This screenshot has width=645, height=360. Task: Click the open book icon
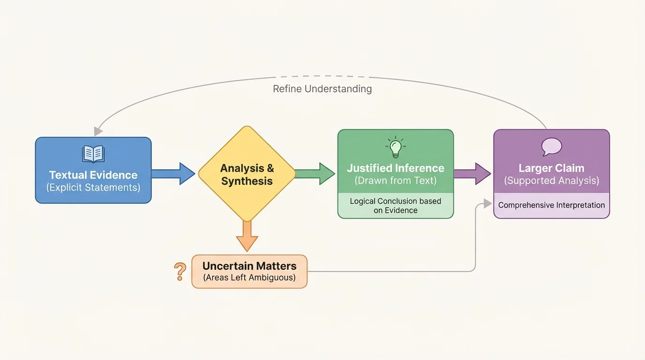click(x=93, y=154)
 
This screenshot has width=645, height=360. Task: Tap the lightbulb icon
click(x=395, y=147)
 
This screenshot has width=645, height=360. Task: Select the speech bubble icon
click(x=552, y=147)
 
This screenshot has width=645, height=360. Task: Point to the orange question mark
click(x=180, y=272)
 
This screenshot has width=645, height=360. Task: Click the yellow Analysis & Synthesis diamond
click(x=247, y=174)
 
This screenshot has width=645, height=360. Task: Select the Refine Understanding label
click(x=322, y=89)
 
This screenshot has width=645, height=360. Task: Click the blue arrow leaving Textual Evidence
click(x=172, y=174)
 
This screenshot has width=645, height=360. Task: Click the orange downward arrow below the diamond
click(x=247, y=235)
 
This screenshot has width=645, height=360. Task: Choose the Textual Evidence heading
click(x=93, y=175)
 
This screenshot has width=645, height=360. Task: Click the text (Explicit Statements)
click(x=93, y=187)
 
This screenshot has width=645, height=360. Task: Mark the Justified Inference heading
click(x=395, y=168)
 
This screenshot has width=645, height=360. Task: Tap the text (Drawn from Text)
click(x=395, y=180)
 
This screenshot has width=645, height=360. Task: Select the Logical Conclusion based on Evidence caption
click(x=395, y=206)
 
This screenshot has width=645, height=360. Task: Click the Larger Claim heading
click(x=551, y=168)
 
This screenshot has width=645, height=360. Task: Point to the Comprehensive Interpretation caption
click(x=551, y=205)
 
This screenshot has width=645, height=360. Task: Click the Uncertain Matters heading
click(x=249, y=266)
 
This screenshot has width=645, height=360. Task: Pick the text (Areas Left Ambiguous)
click(x=249, y=277)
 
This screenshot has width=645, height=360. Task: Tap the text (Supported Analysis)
click(x=551, y=180)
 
